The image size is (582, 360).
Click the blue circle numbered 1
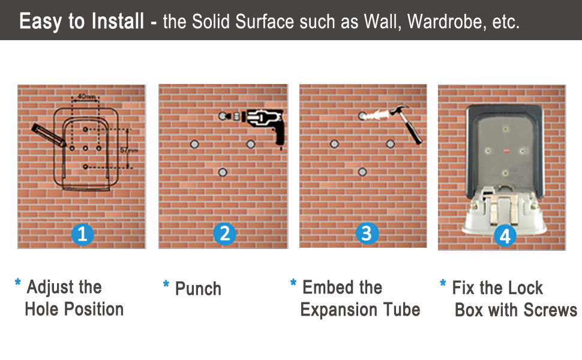82,234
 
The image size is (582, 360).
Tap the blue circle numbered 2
224,233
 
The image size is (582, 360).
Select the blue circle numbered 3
367,233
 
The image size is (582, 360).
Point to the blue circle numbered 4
505,236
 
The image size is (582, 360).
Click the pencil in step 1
48,134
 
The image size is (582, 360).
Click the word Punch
198,289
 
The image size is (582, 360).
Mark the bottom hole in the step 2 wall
222,172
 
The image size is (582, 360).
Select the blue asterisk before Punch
166,284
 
